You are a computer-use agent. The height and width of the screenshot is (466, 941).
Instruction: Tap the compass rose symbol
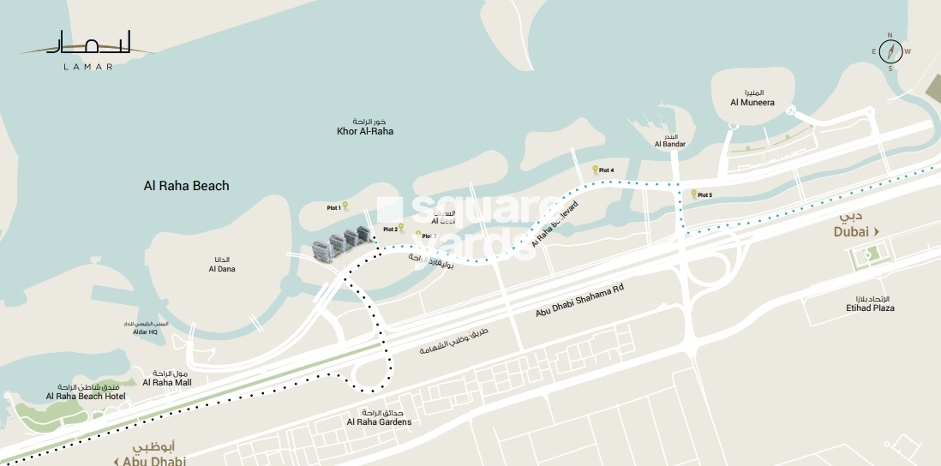890,51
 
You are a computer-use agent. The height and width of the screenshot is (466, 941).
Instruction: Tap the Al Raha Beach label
186,185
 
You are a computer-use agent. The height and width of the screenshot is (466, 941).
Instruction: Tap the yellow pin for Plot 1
345,206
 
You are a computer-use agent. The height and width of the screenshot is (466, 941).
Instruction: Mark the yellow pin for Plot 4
595,170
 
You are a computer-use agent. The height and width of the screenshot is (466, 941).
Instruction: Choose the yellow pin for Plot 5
693,194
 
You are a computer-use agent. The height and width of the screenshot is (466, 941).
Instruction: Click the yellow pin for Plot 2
400,227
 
